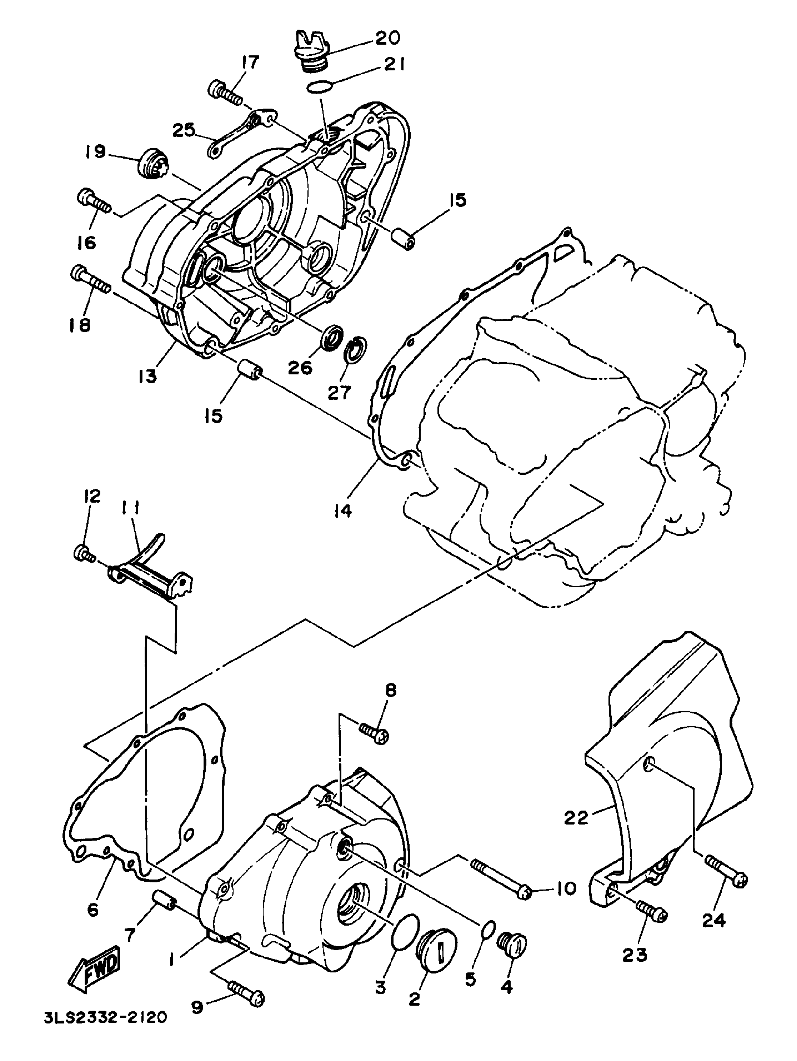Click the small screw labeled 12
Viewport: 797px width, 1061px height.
83,553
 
